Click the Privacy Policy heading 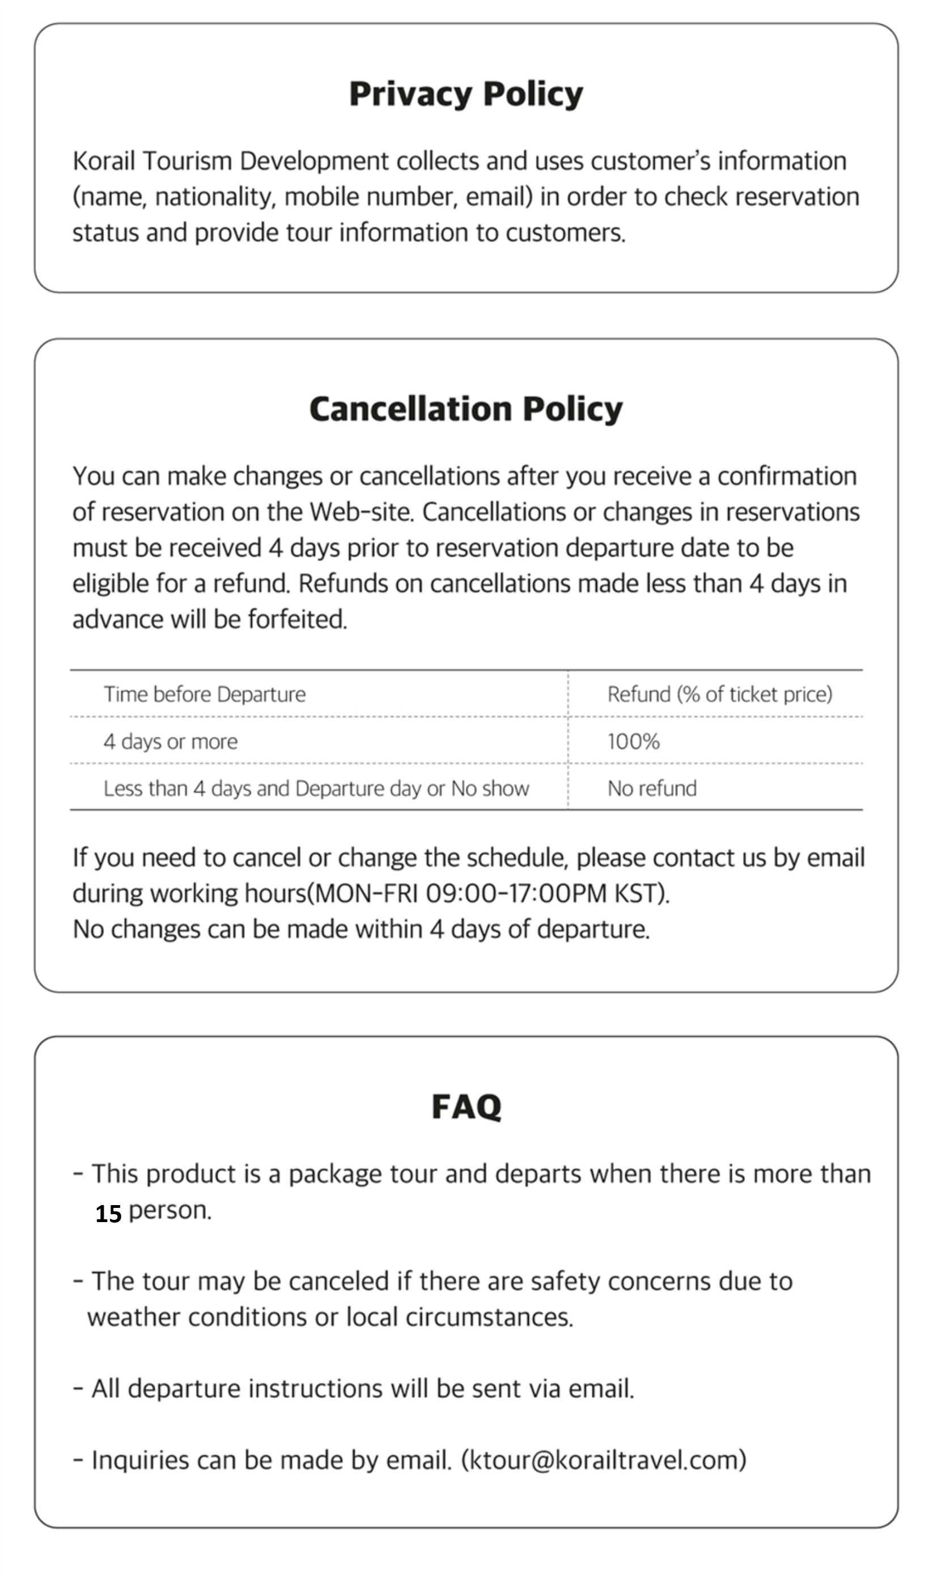(x=466, y=95)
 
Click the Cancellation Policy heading (x=466, y=409)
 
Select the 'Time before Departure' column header (x=205, y=694)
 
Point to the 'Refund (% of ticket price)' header (x=719, y=694)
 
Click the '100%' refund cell (x=633, y=741)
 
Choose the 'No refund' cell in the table (x=652, y=788)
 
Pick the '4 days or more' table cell (x=171, y=741)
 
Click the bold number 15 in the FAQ (x=108, y=1214)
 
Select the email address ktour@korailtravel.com (x=604, y=1460)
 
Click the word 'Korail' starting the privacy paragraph (x=104, y=161)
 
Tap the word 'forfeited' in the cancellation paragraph (x=296, y=620)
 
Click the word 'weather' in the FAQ (x=133, y=1317)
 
